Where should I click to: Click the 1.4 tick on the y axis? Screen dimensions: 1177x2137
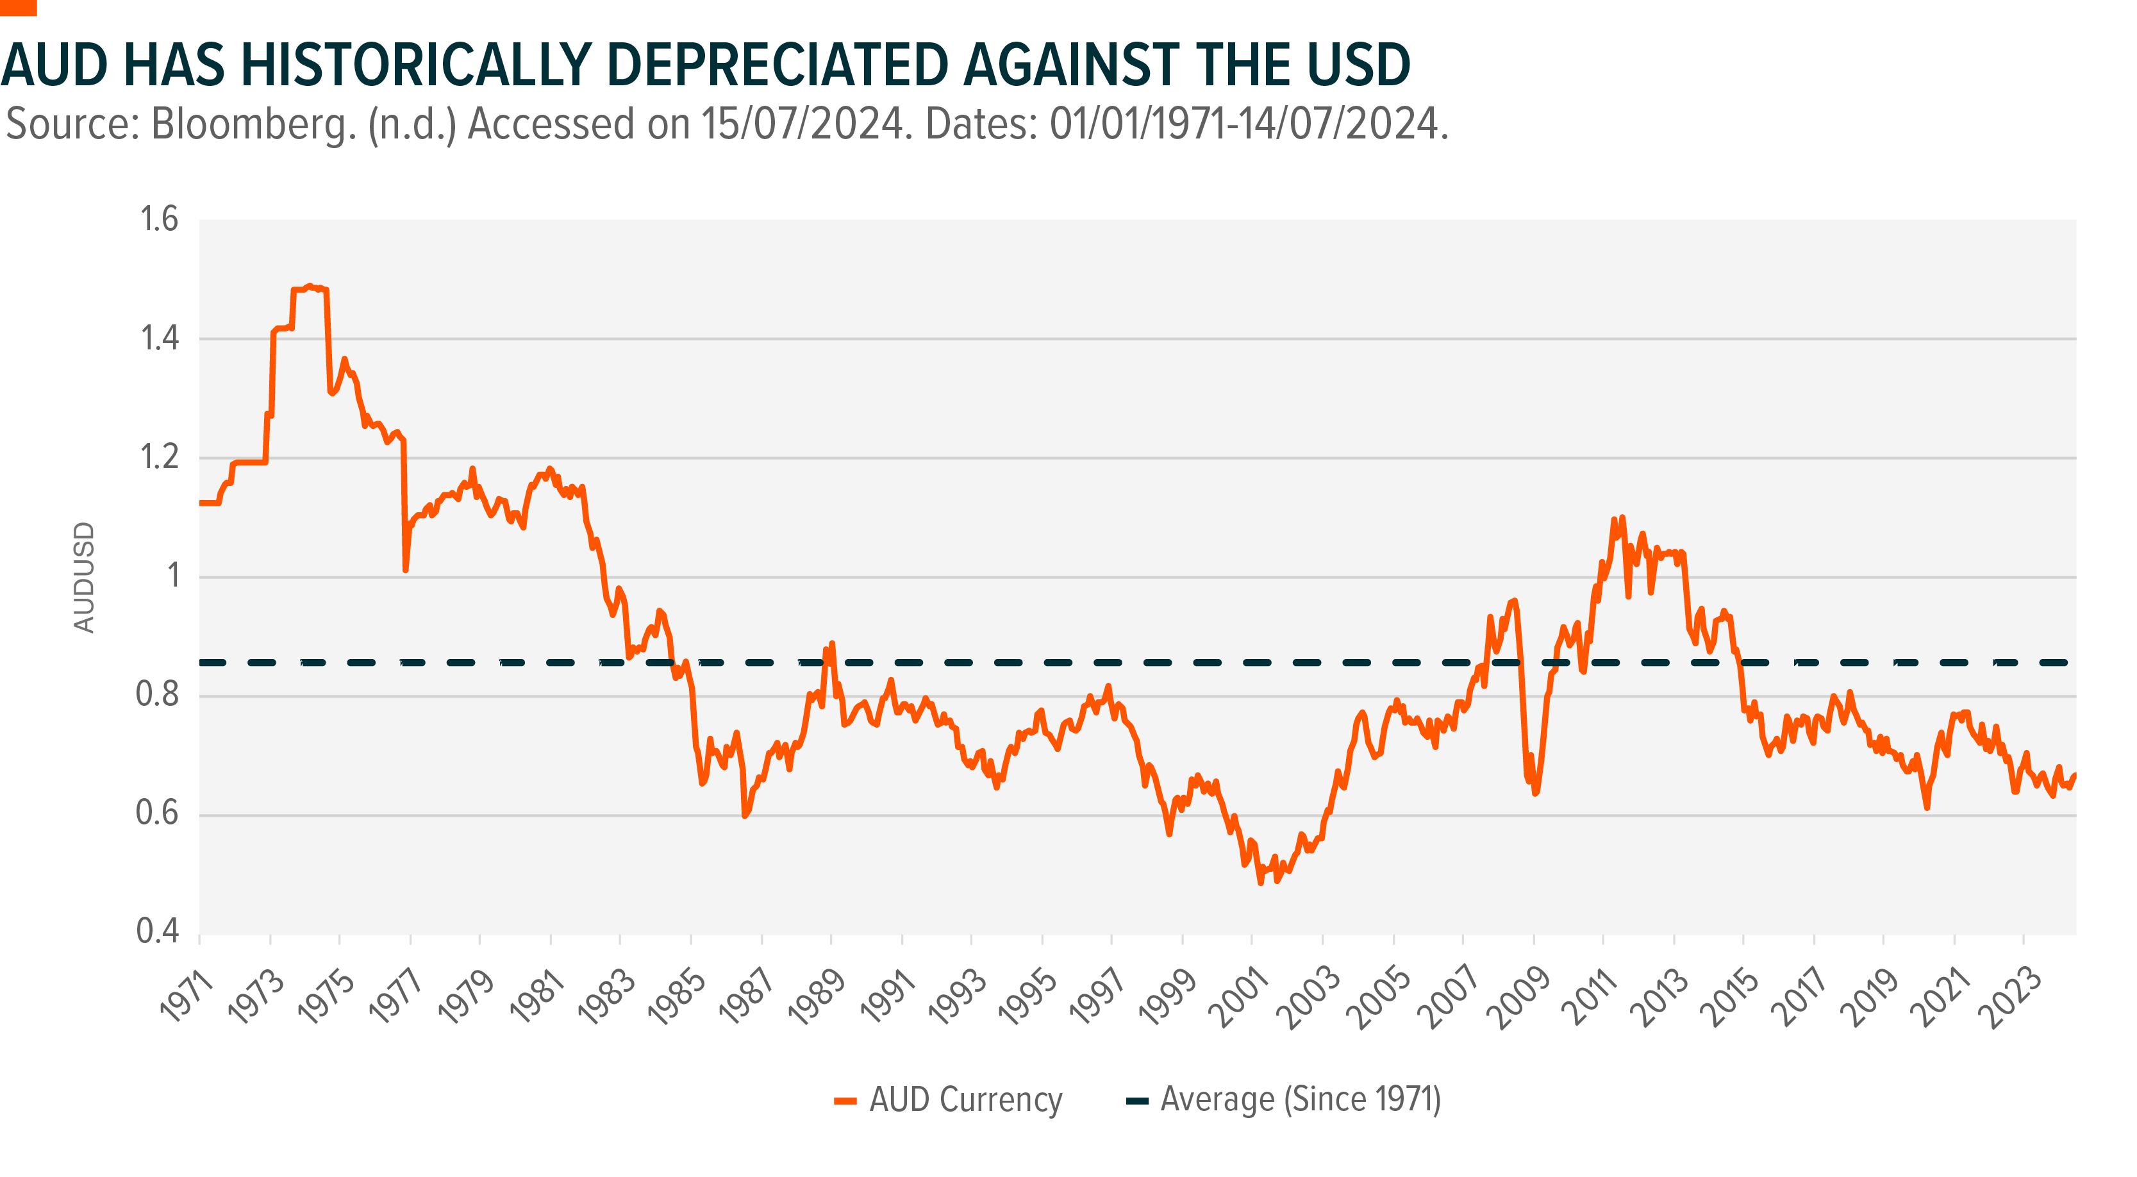tap(158, 338)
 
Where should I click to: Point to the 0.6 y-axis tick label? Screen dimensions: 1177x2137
tap(157, 814)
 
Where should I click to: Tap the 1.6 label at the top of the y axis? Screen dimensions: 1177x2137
tap(158, 220)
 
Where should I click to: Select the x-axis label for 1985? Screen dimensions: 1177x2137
tap(676, 996)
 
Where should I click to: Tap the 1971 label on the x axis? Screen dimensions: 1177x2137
tap(187, 996)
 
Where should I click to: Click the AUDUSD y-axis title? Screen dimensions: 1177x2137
tap(85, 578)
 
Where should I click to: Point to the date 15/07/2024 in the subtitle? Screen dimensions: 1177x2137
tap(801, 124)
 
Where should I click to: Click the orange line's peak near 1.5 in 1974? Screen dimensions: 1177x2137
tap(310, 286)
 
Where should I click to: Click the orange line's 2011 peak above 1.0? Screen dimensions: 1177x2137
tap(1622, 517)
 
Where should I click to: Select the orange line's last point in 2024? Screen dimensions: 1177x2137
tap(2075, 774)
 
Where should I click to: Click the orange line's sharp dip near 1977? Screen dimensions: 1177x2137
tap(406, 570)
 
